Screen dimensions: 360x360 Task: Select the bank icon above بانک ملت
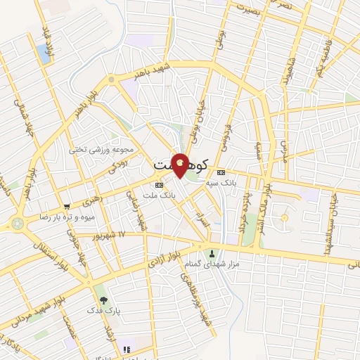tap(159, 185)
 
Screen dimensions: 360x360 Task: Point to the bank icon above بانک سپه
tap(221, 172)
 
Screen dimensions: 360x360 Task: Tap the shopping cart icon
tap(67, 207)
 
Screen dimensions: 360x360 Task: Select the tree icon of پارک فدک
tap(104, 300)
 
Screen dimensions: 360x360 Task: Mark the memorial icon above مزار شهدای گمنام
tap(212, 253)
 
